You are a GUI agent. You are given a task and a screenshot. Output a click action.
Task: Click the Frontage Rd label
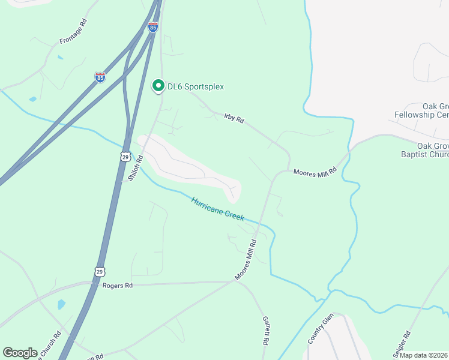pos(73,32)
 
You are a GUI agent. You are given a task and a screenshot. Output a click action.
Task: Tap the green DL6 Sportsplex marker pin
pos(158,86)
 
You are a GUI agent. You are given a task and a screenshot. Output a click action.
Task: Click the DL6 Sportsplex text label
pos(196,87)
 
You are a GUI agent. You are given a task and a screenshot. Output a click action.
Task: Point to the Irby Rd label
pos(234,118)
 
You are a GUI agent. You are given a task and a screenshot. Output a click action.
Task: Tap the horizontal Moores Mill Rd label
pos(315,172)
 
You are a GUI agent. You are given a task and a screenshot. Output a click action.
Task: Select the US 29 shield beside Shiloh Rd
pos(125,157)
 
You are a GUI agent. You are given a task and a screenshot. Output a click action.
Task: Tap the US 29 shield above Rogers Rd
pos(99,271)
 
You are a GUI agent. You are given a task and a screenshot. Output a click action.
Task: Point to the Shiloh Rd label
pos(136,169)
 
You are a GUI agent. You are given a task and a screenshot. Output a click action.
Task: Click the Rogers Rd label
pos(117,286)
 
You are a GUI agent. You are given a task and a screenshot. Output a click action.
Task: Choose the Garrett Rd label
pos(264,331)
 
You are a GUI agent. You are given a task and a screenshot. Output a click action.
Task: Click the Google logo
pos(20,353)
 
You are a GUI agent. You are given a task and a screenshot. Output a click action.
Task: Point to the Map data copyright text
pos(424,355)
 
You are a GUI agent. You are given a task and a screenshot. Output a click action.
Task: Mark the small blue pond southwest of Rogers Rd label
pos(61,304)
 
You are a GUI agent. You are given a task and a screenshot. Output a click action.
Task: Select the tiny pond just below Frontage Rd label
pos(59,58)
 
